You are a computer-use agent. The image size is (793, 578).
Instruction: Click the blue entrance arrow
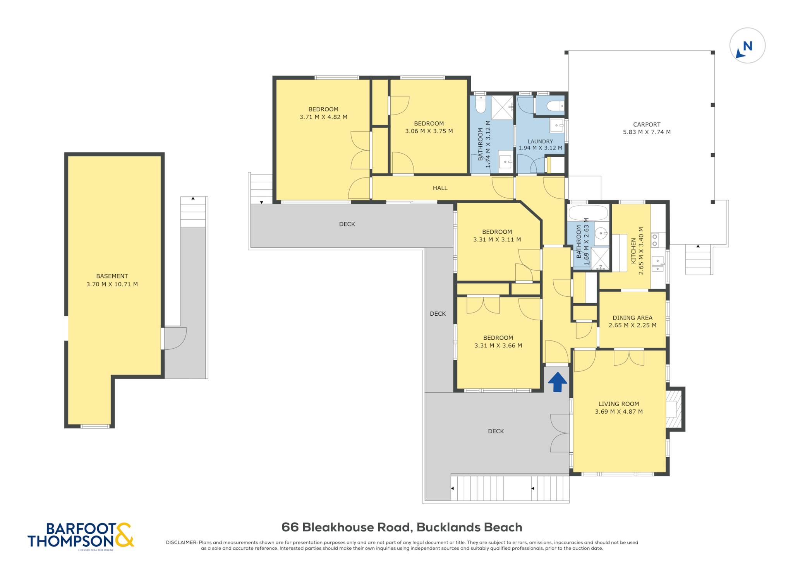click(x=558, y=382)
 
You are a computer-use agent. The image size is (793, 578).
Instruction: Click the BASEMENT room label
click(x=112, y=276)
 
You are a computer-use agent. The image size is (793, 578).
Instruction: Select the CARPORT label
click(x=647, y=125)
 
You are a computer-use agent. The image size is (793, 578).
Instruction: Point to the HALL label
click(x=440, y=188)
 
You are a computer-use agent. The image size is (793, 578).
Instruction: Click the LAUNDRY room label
click(x=540, y=142)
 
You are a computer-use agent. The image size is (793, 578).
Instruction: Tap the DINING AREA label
click(x=632, y=318)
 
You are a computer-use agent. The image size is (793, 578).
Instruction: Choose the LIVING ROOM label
click(x=619, y=404)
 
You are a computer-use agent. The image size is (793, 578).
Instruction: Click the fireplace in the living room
click(x=674, y=409)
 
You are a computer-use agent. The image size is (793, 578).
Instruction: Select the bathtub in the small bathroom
click(x=588, y=212)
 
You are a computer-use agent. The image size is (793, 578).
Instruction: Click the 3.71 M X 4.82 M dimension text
click(x=323, y=117)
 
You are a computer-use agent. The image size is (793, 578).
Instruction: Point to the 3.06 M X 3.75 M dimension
click(x=429, y=131)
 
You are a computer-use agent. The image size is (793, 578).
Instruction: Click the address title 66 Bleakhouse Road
click(x=346, y=527)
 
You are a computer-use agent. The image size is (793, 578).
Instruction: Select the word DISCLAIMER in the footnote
click(x=182, y=542)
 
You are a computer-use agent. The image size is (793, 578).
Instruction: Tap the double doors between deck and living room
click(x=560, y=433)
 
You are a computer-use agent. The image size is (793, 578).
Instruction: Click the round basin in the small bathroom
click(x=601, y=233)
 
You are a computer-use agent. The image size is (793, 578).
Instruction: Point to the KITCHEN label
click(x=633, y=251)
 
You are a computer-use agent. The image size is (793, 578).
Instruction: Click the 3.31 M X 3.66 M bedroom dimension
click(x=498, y=345)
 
